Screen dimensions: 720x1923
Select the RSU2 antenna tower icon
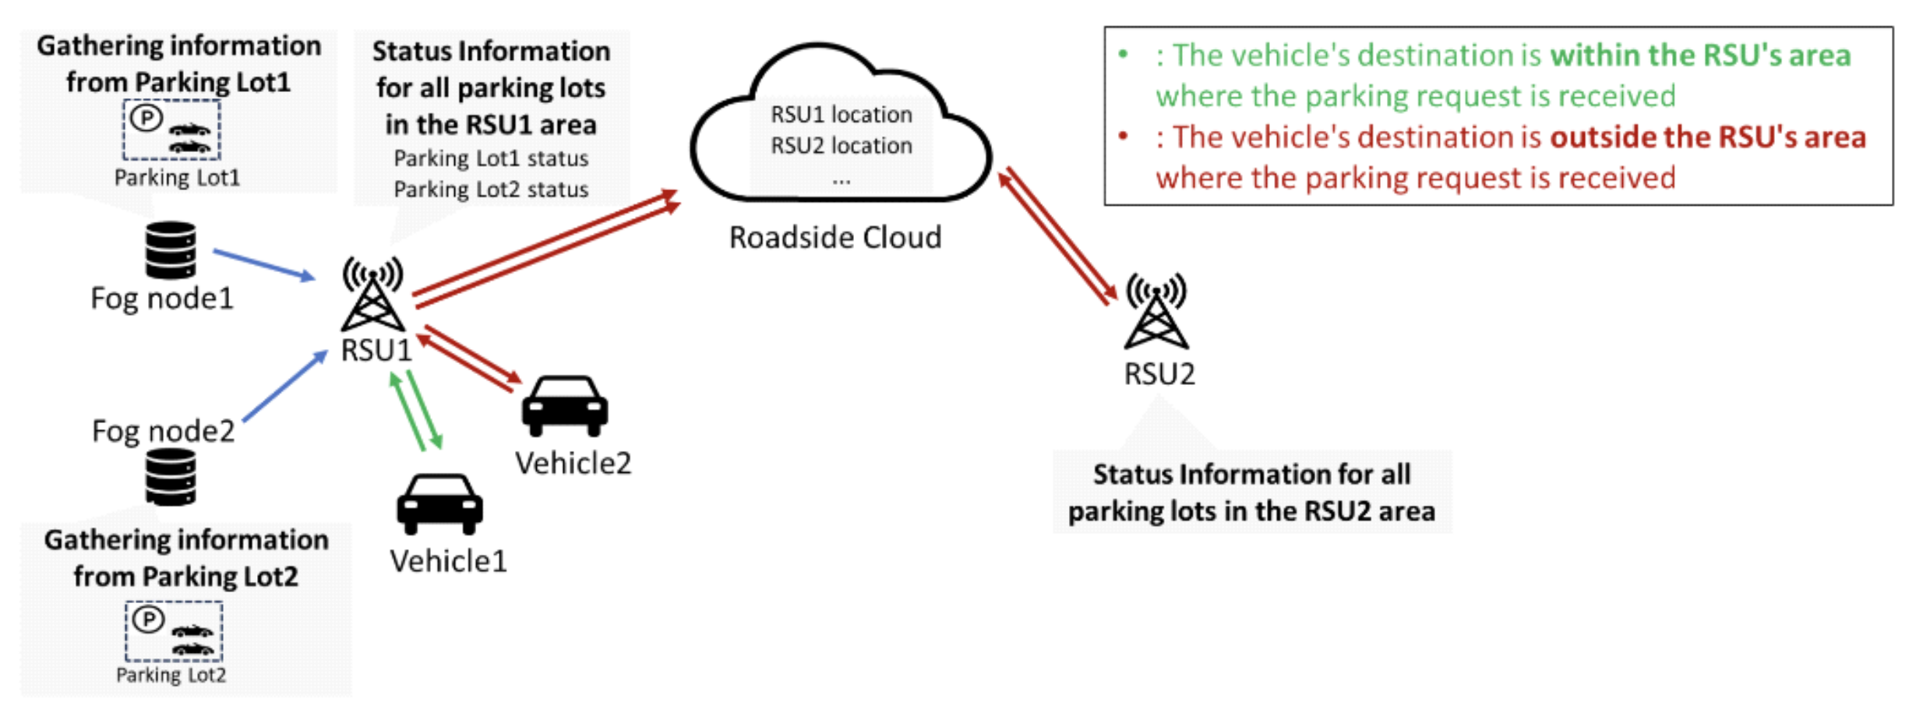point(1156,311)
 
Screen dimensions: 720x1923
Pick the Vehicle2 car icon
point(564,405)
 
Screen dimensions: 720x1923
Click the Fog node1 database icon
point(171,250)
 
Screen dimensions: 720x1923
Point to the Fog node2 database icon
point(171,477)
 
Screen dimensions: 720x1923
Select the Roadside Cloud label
point(834,237)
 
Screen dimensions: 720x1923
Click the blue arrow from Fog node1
point(263,264)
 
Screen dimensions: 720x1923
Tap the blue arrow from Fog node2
point(284,386)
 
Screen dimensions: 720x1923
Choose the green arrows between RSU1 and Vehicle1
point(416,410)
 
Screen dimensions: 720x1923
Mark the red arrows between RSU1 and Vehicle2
point(470,358)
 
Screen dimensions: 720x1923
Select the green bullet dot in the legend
point(1123,55)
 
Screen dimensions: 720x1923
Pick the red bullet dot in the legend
point(1123,136)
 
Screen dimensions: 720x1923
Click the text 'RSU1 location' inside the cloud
point(841,115)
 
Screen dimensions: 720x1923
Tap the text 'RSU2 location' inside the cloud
point(841,146)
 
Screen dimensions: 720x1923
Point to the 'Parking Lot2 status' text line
point(491,189)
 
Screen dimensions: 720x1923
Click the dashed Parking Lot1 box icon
point(171,129)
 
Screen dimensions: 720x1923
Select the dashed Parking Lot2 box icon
point(174,631)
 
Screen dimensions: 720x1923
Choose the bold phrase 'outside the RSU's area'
point(1708,137)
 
